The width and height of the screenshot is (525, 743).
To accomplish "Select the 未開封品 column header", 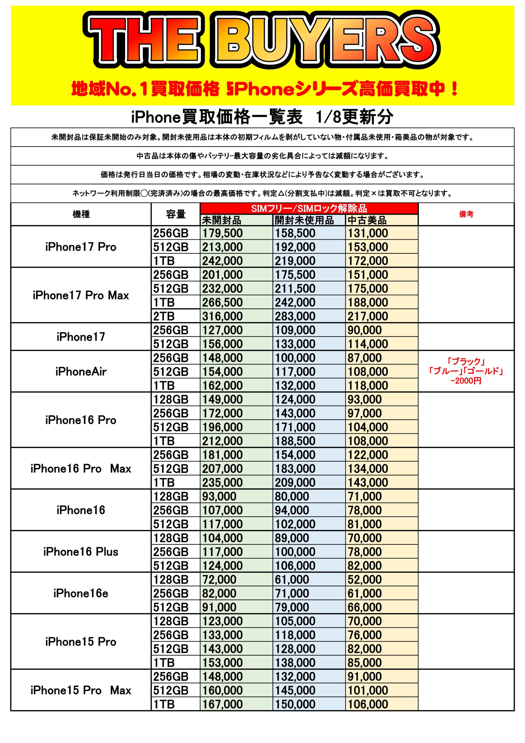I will coord(222,220).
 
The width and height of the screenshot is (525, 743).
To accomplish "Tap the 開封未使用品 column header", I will coord(304,220).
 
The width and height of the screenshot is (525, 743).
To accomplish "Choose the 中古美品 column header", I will coord(367,220).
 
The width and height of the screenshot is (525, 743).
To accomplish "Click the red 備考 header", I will coord(466,214).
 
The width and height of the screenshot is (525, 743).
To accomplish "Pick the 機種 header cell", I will coord(81,214).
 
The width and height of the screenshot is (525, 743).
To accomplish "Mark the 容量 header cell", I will coord(176,214).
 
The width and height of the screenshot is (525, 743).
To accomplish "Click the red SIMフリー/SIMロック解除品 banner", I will coord(309,208).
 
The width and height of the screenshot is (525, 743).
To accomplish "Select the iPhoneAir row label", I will coord(81,371).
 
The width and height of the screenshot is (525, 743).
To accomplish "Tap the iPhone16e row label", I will coord(81,593).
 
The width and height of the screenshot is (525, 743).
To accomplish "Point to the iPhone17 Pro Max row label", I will coord(81,295).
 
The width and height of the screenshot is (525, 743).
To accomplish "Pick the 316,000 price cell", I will coord(222,316).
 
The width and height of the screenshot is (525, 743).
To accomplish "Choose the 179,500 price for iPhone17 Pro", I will coord(222,233).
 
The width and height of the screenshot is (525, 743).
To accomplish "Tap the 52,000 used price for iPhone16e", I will coord(365,580).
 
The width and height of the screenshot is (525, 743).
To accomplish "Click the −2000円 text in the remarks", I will coord(466,381).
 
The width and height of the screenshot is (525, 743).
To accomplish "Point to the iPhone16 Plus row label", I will coord(81,552).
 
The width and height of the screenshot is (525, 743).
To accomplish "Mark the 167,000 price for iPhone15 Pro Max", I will coord(222,704).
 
